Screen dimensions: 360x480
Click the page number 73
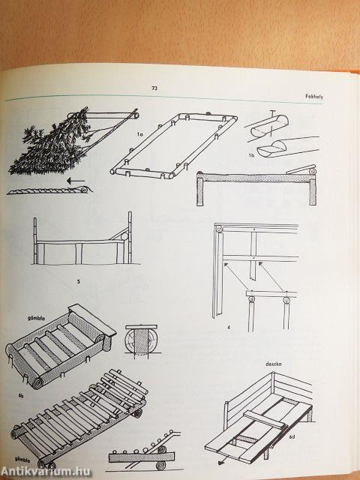pos(154,88)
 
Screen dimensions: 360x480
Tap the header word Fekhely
pos(314,97)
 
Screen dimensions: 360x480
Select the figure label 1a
pos(139,134)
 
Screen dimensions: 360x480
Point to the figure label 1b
pos(251,155)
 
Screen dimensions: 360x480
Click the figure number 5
pos(78,282)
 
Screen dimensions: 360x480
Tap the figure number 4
pos(228,327)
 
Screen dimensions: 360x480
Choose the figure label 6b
pos(21,396)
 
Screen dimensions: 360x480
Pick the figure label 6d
pos(292,436)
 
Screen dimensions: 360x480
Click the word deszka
pos(273,364)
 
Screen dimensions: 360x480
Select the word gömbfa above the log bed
pos(36,318)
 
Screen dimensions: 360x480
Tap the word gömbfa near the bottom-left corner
pos(22,459)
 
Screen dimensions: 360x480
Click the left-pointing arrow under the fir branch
pos(75,181)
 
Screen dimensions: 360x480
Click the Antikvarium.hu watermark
pos(46,472)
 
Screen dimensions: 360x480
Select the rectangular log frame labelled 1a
pos(174,146)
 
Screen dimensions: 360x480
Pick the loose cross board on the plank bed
pos(265,419)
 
